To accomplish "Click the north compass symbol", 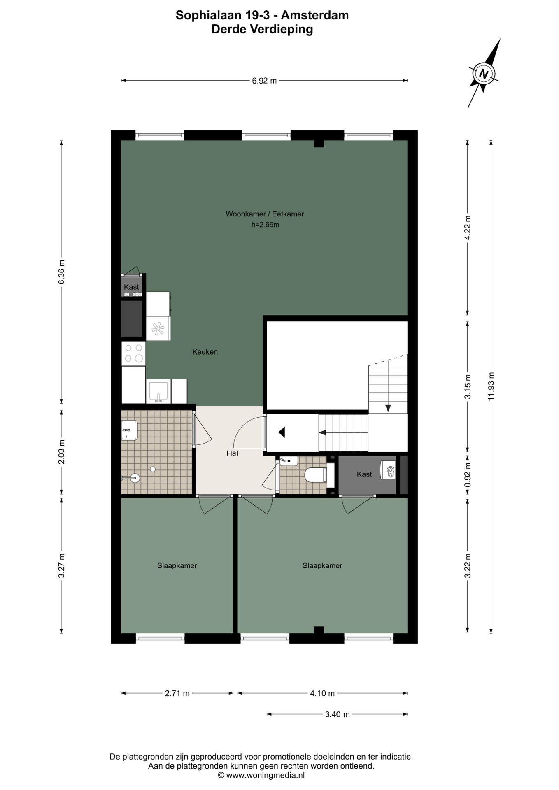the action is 484,74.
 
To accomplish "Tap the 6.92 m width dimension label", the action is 264,81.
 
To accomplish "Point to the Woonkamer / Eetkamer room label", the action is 265,214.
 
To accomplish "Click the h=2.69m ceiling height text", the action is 265,225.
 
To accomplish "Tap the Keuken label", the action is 205,352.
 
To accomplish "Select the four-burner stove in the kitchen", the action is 133,353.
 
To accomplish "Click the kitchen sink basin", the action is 158,391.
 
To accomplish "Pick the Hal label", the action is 232,453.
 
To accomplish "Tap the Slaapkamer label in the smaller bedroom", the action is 177,566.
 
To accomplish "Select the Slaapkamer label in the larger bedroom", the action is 322,566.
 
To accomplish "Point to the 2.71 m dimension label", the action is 177,693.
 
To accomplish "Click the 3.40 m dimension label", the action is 338,714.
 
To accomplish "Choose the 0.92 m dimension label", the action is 468,475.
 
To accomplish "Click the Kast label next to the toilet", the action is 364,474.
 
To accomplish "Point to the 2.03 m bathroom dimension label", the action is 61,452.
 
